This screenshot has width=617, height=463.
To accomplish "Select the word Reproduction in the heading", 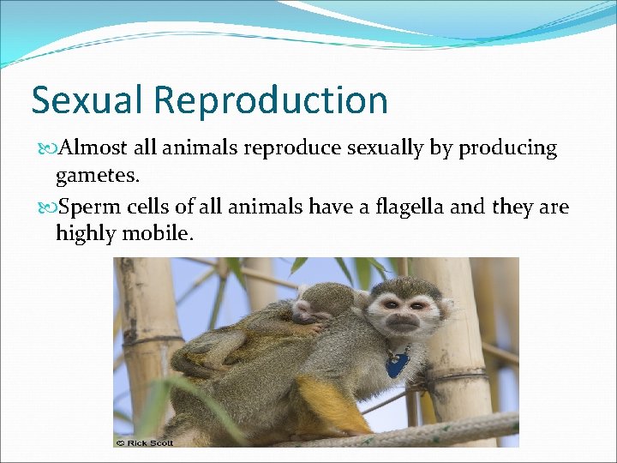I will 273,100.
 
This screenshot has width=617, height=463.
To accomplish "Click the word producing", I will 507,149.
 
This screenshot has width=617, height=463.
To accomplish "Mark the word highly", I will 83,233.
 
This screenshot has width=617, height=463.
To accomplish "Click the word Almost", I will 97,149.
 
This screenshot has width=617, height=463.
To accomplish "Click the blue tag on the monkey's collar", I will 396,363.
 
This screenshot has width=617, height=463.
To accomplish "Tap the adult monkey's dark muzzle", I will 402,324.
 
